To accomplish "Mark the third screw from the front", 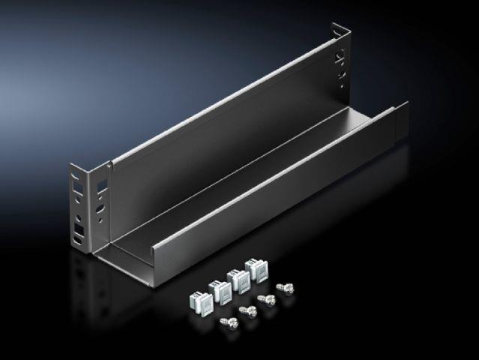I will tap(264, 299).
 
